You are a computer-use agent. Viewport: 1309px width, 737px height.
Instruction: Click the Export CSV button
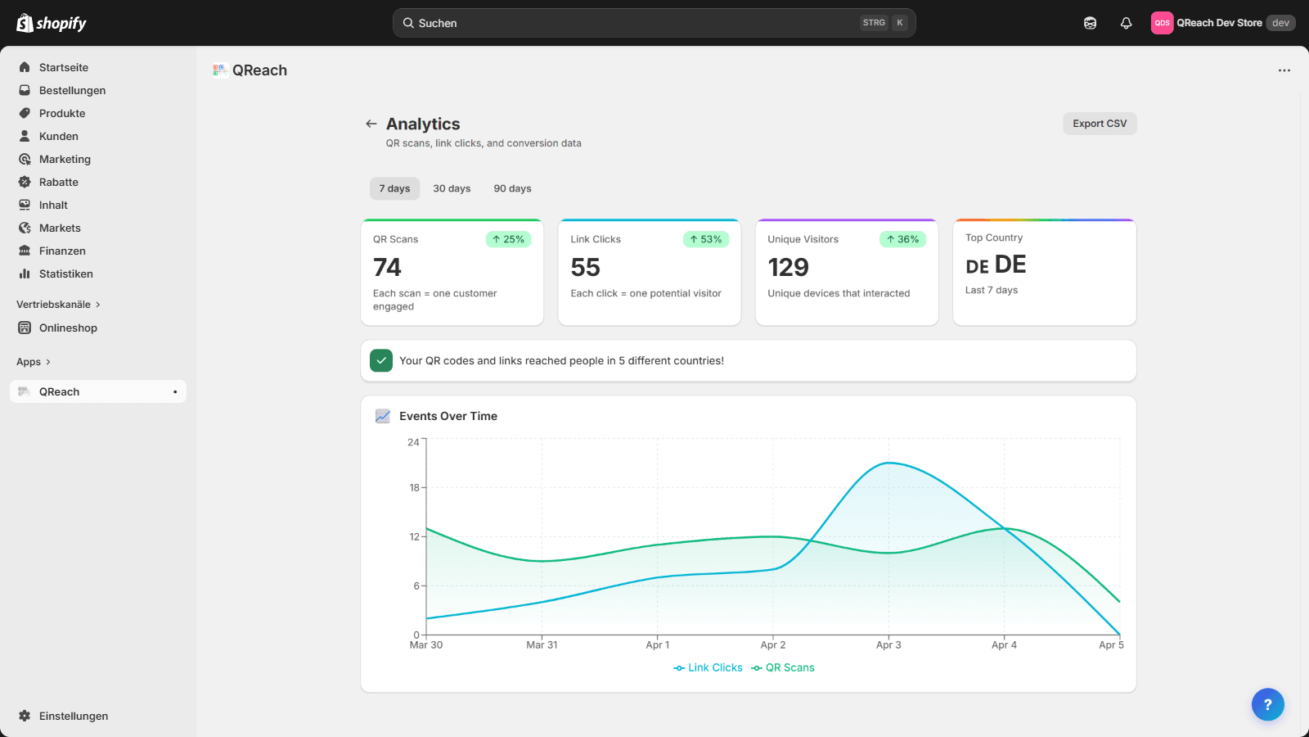[x=1100, y=124]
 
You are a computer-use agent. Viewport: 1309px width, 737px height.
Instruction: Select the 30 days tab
[x=452, y=188]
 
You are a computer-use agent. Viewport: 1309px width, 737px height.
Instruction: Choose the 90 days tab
[x=512, y=188]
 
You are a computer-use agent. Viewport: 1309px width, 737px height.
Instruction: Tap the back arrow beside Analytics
[x=371, y=124]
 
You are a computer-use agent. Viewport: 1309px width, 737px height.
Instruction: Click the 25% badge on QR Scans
[x=508, y=239]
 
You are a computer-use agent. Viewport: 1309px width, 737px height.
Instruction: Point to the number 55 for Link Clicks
[x=586, y=267]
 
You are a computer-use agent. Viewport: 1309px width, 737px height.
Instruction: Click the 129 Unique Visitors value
[x=788, y=267]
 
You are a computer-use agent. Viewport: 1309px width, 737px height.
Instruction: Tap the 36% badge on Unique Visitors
[x=902, y=239]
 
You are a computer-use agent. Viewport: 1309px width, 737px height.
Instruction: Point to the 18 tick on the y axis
[x=414, y=487]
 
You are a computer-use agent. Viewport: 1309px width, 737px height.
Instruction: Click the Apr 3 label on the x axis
[x=888, y=645]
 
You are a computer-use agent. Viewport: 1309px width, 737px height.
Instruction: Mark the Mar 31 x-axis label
[x=542, y=645]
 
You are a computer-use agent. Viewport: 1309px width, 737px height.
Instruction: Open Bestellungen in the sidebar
[x=72, y=90]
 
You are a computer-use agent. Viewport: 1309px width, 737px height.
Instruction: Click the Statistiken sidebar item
[x=65, y=274]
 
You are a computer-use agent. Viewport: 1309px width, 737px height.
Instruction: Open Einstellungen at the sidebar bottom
[x=73, y=716]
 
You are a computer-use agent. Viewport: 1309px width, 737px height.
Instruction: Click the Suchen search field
[x=638, y=23]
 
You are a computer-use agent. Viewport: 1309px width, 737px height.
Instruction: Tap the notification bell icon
[x=1127, y=23]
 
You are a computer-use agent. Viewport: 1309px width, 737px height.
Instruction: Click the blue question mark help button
[x=1267, y=704]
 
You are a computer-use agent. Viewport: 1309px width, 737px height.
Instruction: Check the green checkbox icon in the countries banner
[x=381, y=360]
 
